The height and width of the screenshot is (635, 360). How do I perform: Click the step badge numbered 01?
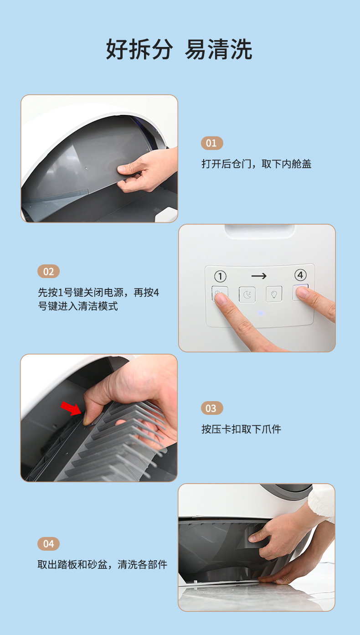pos(212,143)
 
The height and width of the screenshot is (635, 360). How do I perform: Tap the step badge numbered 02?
pos(48,272)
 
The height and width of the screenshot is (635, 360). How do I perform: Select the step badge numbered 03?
pos(212,408)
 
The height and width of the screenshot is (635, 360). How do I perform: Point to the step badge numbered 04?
pos(48,544)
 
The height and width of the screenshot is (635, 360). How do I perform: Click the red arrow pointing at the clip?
pos(71,408)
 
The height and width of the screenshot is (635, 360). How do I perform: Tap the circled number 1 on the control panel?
pos(220,276)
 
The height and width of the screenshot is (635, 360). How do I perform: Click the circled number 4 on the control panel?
pos(300,275)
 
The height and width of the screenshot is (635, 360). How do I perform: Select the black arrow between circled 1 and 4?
pos(259,276)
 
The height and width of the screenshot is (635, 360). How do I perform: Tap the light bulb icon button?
pos(274,294)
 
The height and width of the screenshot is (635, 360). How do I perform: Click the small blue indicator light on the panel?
pos(261,313)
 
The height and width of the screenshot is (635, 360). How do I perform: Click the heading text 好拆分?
pos(139,49)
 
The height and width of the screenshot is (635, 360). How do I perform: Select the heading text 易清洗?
pos(218,49)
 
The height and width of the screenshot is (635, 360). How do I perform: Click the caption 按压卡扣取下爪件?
pos(242,429)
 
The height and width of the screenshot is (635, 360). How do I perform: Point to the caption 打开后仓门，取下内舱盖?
pos(257,164)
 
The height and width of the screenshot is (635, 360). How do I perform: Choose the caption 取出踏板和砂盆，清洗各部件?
pos(102,565)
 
